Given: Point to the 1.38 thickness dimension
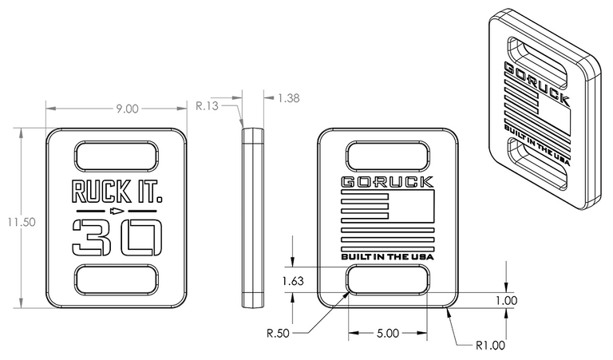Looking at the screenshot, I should click(288, 98).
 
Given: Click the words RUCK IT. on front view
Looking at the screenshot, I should click(116, 191).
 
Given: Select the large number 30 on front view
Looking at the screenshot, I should click(117, 236).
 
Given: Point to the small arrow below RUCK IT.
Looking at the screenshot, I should click(117, 212).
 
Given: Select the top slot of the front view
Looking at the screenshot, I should click(117, 156).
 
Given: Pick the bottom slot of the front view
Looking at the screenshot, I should click(117, 281).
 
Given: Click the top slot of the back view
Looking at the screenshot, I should click(387, 156).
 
